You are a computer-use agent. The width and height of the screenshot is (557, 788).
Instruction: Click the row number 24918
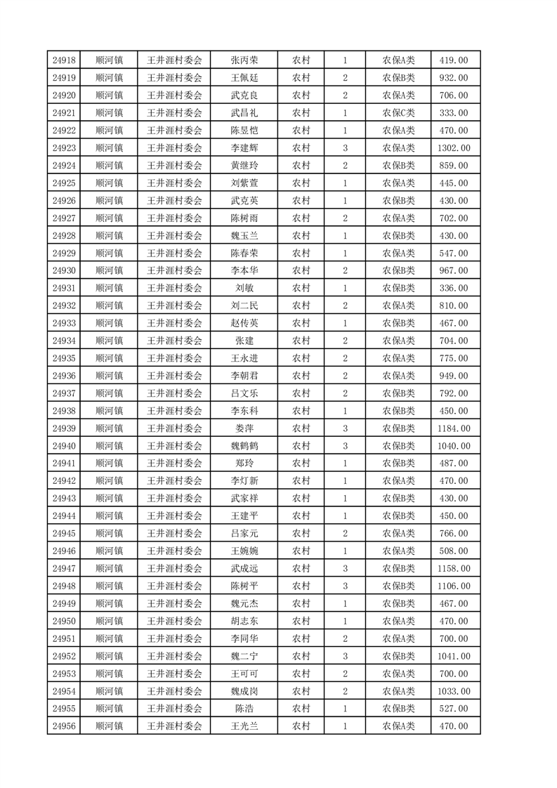pyautogui.click(x=64, y=60)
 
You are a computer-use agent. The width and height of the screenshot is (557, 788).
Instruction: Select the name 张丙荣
pyautogui.click(x=244, y=60)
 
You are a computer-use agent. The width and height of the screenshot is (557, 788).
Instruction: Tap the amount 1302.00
pyautogui.click(x=454, y=148)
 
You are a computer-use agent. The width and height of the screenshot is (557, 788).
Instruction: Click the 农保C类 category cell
pyautogui.click(x=398, y=113)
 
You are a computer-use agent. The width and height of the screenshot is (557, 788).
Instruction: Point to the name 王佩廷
pyautogui.click(x=244, y=78)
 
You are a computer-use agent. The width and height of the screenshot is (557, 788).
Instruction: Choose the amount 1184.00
pyautogui.click(x=454, y=428)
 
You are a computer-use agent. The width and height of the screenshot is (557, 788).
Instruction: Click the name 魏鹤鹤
pyautogui.click(x=244, y=446)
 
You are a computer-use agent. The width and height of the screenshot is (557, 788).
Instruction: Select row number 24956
pyautogui.click(x=64, y=726)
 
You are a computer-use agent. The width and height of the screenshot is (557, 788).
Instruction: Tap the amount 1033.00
pyautogui.click(x=454, y=691)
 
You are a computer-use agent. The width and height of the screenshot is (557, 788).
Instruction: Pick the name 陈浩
pyautogui.click(x=244, y=709)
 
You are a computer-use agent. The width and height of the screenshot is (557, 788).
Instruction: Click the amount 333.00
pyautogui.click(x=454, y=113)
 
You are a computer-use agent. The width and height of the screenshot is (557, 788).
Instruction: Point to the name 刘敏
pyautogui.click(x=244, y=288)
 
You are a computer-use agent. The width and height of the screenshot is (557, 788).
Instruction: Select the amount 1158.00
pyautogui.click(x=454, y=568)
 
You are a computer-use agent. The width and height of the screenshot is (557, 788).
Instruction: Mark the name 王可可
pyautogui.click(x=244, y=674)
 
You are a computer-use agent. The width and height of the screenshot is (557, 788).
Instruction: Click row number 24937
pyautogui.click(x=64, y=393)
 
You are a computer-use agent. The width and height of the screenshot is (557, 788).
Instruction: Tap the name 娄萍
pyautogui.click(x=244, y=428)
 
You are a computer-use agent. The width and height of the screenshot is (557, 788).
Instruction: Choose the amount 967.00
pyautogui.click(x=454, y=270)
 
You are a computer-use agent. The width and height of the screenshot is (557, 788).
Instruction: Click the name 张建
pyautogui.click(x=244, y=341)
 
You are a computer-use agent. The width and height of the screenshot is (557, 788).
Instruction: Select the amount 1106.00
pyautogui.click(x=454, y=586)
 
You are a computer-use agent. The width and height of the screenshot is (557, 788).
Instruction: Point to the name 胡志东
pyautogui.click(x=244, y=621)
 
